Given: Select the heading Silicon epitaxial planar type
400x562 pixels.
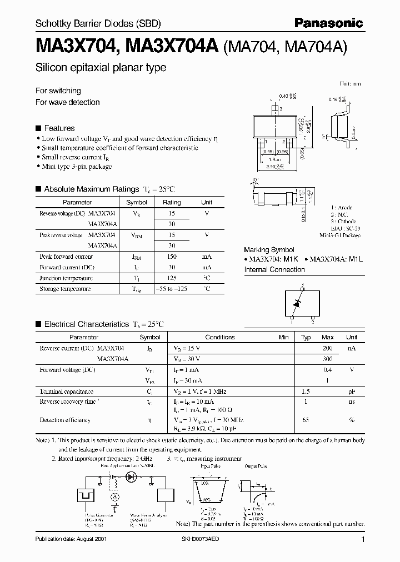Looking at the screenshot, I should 101,68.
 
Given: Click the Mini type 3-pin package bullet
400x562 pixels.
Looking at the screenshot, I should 77,167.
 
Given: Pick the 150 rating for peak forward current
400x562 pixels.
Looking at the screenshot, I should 172,257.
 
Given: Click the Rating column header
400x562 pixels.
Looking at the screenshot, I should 172,203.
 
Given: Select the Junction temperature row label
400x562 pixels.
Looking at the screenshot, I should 66,278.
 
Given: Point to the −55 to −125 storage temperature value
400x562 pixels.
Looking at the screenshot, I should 172,289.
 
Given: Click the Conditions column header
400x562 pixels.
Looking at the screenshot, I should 220,337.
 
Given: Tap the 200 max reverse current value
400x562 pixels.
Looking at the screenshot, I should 328,348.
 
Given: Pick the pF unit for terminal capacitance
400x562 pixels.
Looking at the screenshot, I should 352,391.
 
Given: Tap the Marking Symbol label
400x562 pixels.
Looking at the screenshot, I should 269,250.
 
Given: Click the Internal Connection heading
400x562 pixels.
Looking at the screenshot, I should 274,269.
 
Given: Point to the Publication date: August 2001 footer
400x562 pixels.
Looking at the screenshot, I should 71,539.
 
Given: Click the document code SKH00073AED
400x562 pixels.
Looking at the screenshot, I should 214,539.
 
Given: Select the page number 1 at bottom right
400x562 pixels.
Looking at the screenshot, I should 362,540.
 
